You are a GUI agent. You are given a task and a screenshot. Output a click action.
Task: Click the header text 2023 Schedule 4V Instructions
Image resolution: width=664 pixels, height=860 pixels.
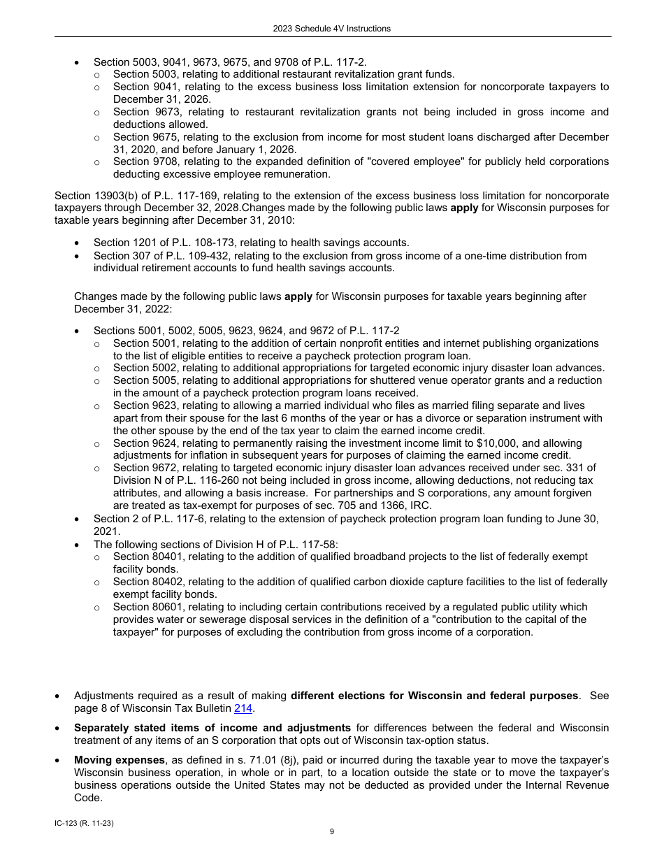pos(331,29)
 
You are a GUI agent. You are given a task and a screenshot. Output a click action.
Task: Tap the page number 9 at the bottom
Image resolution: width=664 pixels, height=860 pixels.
pos(332,831)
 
